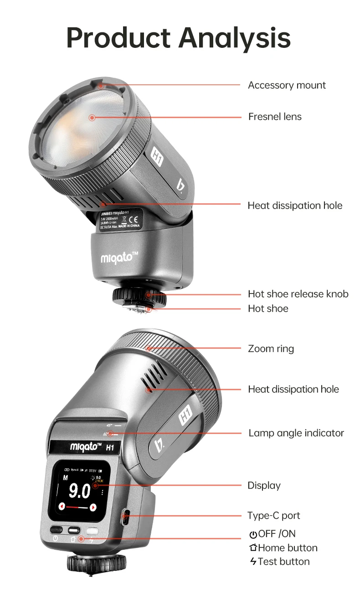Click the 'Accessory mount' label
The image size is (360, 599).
click(x=287, y=85)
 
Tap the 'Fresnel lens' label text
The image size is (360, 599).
click(x=275, y=117)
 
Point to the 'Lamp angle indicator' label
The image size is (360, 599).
click(x=296, y=433)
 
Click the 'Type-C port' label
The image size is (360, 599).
click(x=273, y=516)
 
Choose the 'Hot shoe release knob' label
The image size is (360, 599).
click(x=298, y=294)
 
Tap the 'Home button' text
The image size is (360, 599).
click(x=288, y=548)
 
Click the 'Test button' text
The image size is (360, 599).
click(x=283, y=562)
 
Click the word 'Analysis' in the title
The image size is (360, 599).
click(x=234, y=38)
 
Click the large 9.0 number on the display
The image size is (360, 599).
click(x=79, y=491)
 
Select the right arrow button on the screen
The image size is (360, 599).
click(x=93, y=507)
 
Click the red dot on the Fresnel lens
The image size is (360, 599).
click(x=92, y=117)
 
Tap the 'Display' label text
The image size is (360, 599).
click(x=264, y=485)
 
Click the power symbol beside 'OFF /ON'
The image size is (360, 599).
click(x=253, y=534)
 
